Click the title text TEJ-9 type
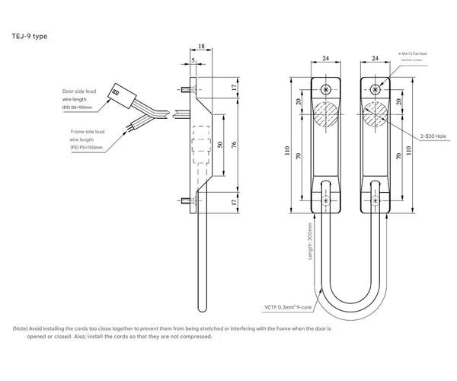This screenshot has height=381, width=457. (30, 35)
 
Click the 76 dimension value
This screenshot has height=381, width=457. (235, 145)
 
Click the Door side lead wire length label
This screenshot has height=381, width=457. (80, 99)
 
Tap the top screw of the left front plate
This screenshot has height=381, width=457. (327, 90)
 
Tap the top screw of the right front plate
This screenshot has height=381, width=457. (375, 90)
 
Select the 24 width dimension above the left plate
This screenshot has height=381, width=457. (327, 57)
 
